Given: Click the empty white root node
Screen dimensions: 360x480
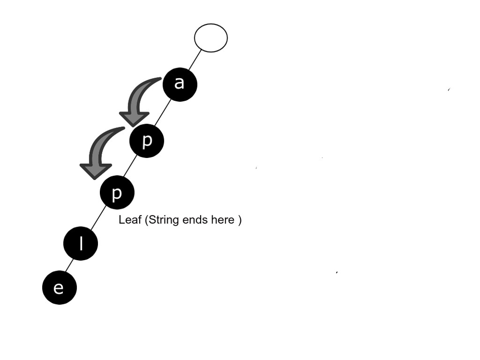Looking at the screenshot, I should (211, 38).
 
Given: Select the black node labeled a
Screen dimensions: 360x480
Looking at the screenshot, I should (180, 84).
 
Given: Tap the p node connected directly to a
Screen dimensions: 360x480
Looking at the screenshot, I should (147, 141).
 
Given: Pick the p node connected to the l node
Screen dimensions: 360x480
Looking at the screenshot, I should (117, 193).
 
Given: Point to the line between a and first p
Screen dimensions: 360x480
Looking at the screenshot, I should (163, 113).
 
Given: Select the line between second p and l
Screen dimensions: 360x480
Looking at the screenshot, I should (99, 218).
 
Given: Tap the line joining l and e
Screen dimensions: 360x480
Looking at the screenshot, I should (70, 265).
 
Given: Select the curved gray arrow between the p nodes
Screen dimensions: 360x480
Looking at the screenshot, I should (100, 144).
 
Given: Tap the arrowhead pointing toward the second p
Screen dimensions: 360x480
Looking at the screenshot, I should (96, 170).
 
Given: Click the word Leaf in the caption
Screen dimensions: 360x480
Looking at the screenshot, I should (130, 220).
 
